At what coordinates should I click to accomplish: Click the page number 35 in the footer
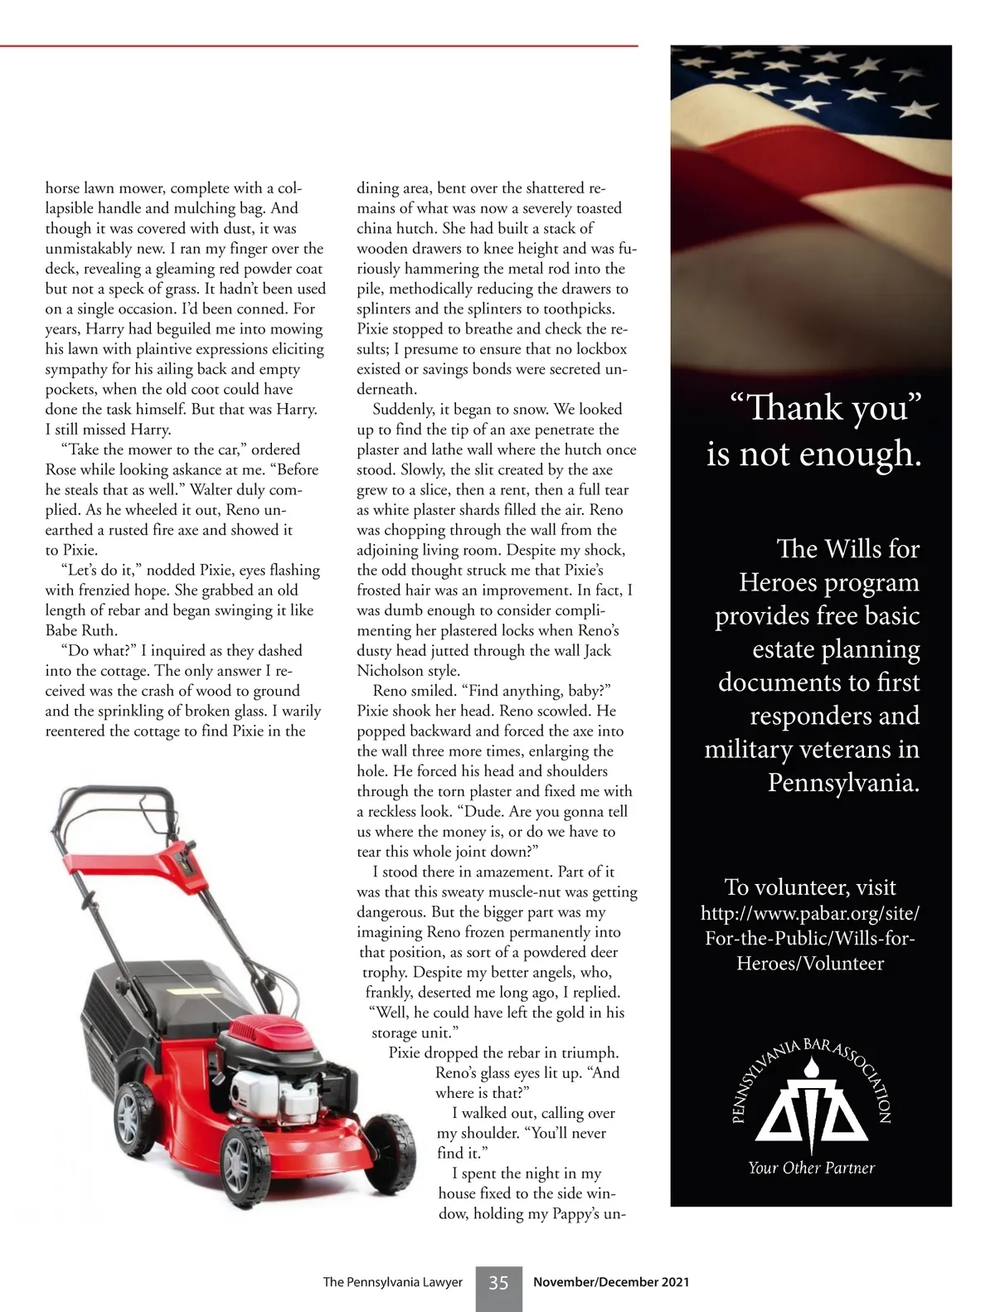pyautogui.click(x=498, y=1283)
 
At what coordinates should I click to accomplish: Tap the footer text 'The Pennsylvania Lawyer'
pyautogui.click(x=392, y=1282)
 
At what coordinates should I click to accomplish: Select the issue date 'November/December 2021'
pyautogui.click(x=611, y=1282)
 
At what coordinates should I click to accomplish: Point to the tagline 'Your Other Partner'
pyautogui.click(x=811, y=1168)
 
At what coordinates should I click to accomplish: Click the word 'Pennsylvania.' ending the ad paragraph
pyautogui.click(x=843, y=782)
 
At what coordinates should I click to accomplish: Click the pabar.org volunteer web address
pyautogui.click(x=810, y=938)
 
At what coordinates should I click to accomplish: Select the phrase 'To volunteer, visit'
pyautogui.click(x=810, y=887)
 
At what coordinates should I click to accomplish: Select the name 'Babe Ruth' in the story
pyautogui.click(x=81, y=630)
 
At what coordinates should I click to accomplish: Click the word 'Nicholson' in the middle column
pyautogui.click(x=396, y=671)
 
